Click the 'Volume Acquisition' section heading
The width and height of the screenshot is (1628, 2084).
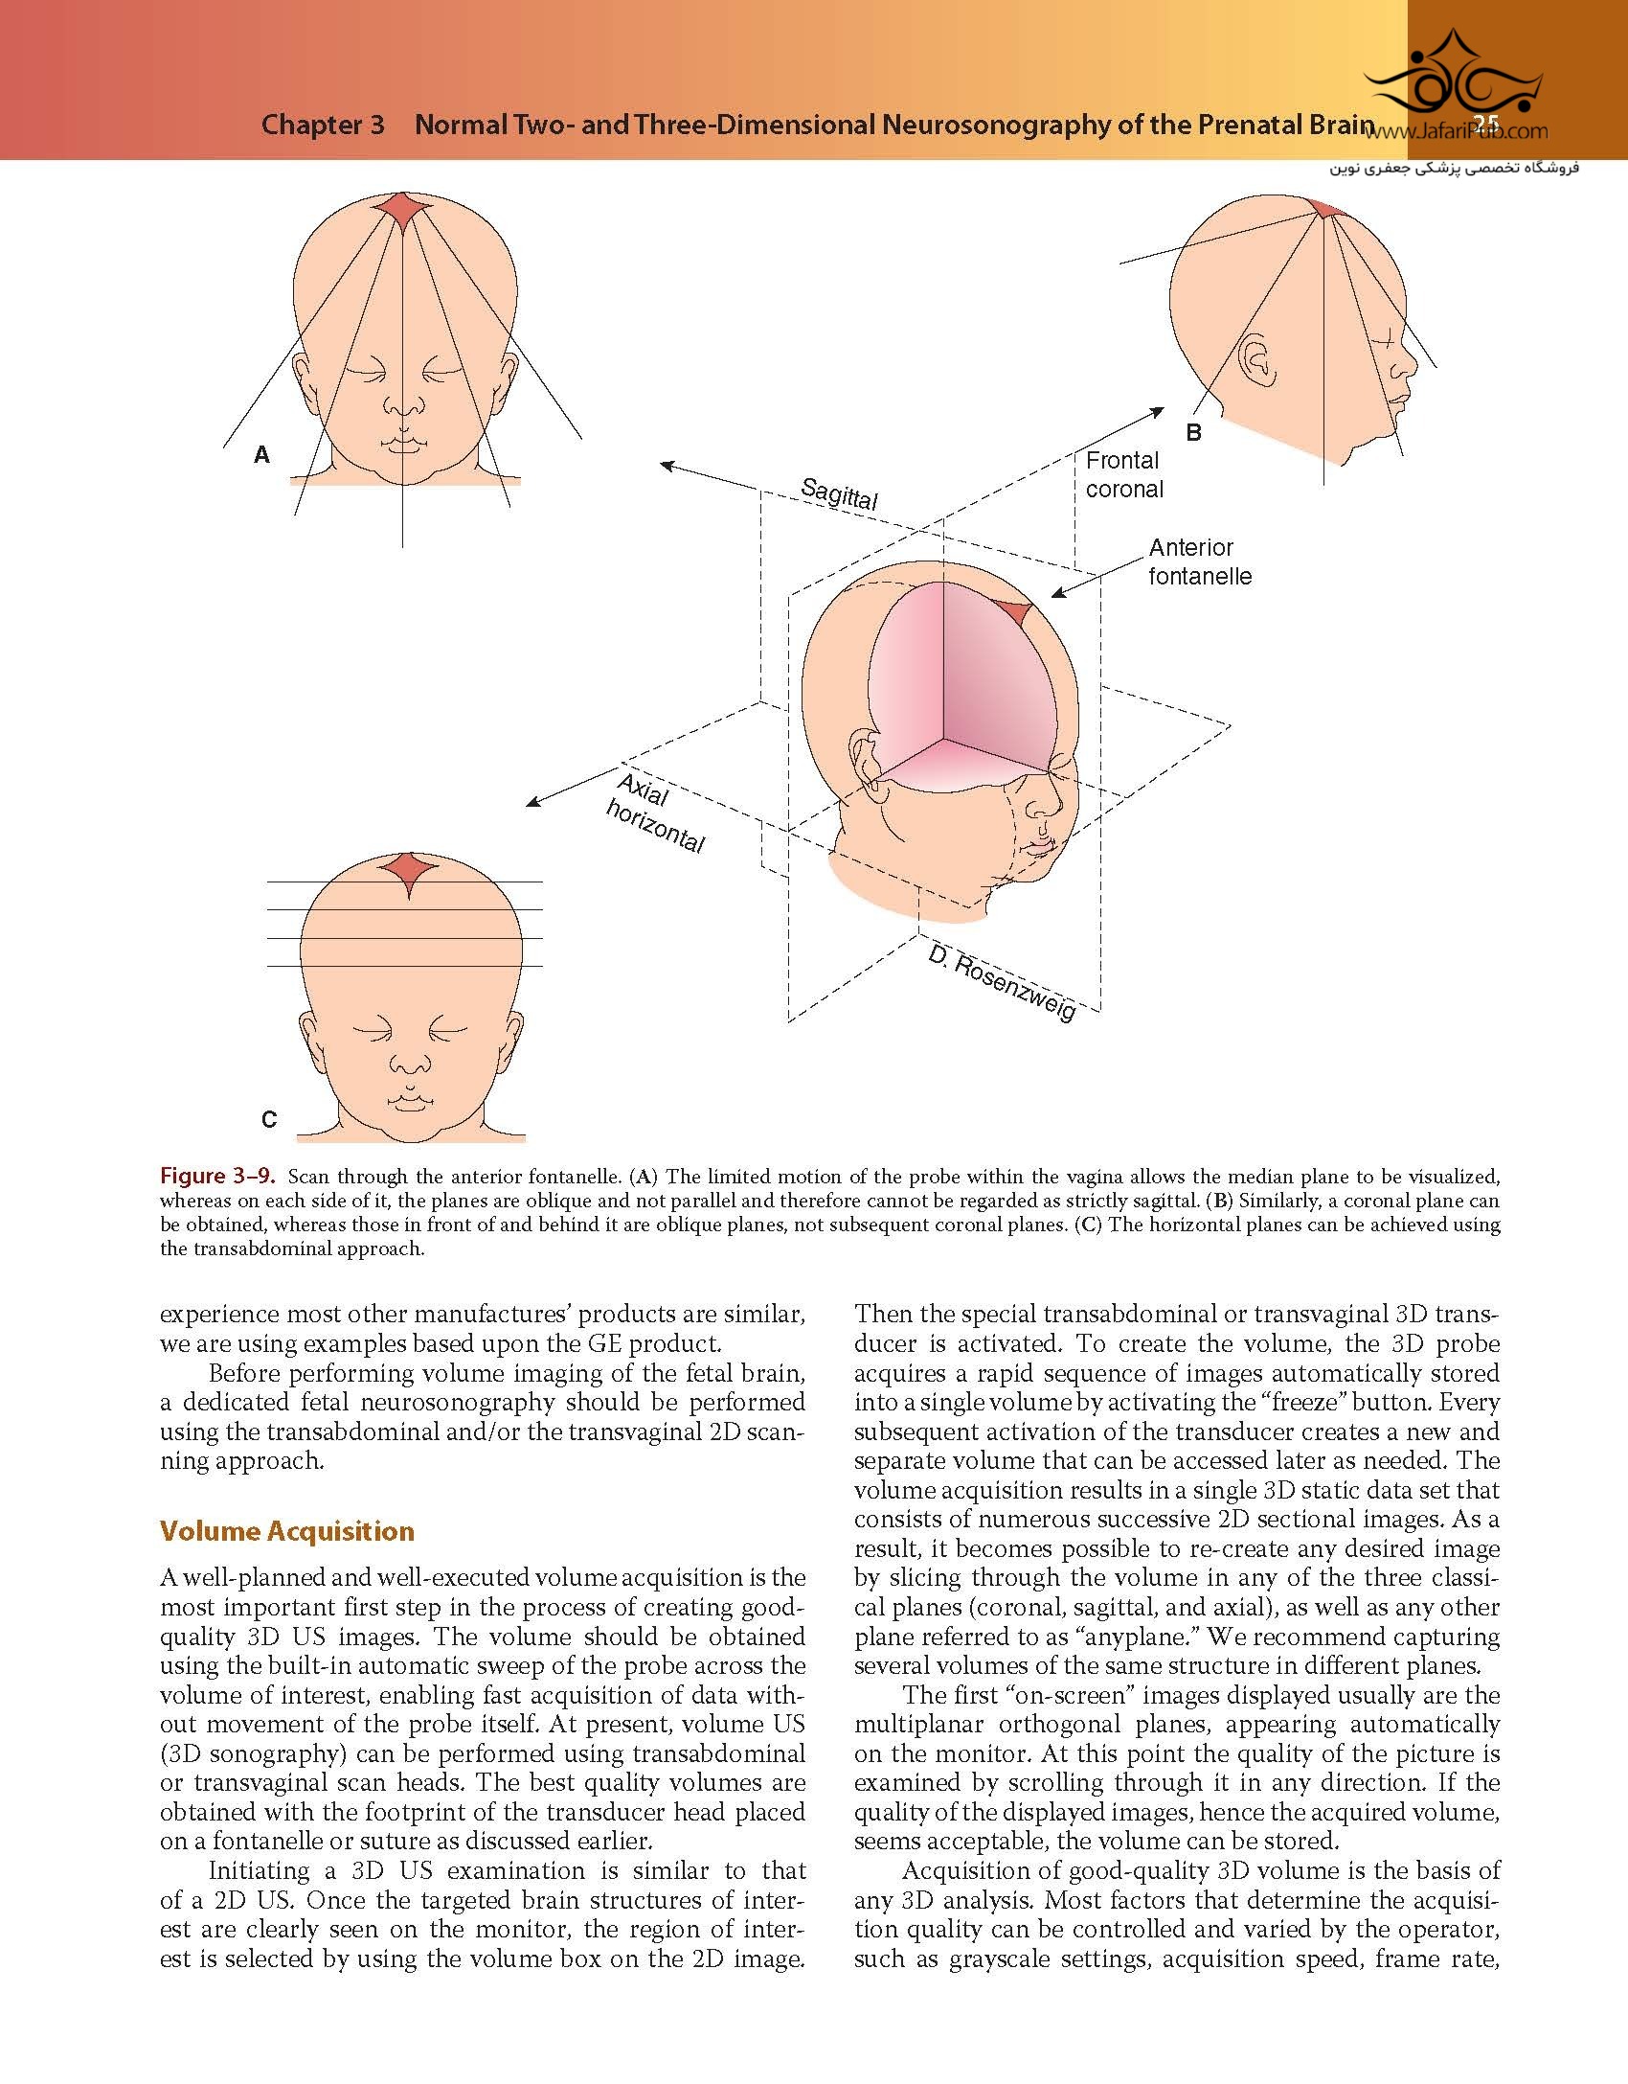point(286,1531)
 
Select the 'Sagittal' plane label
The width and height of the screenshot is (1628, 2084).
point(839,494)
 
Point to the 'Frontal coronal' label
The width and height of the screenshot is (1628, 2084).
point(1124,474)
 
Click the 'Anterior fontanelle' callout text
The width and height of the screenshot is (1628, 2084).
point(1200,561)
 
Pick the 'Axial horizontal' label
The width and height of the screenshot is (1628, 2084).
point(657,813)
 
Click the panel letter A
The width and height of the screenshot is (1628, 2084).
point(261,456)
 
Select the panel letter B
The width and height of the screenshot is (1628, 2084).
point(1193,433)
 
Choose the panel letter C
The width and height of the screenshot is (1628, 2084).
point(269,1119)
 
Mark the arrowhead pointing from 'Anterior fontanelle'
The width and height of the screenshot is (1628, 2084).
point(1057,594)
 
